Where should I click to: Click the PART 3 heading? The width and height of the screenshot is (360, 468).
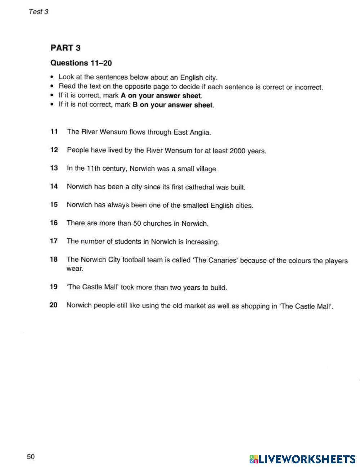coord(66,48)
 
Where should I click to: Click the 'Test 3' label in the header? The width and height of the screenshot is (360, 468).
coord(38,12)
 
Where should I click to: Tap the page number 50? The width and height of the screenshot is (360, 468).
coord(31,457)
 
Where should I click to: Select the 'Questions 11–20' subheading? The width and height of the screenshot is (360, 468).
coord(81,63)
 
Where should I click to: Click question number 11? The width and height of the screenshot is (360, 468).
coord(54,132)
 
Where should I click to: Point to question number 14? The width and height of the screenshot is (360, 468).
coord(54,186)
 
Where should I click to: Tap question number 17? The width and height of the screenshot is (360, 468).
coord(54,241)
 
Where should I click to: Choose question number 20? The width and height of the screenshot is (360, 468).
coord(53,305)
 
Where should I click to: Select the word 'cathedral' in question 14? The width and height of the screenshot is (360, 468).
coord(199,187)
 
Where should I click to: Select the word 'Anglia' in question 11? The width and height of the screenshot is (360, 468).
coord(200,132)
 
